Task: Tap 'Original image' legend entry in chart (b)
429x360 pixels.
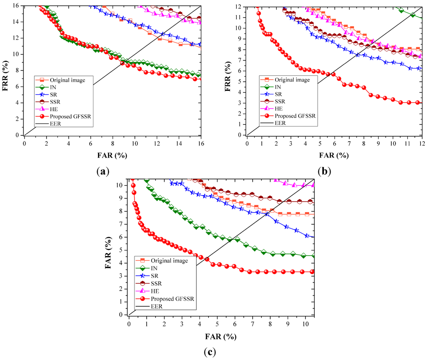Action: (x=293, y=80)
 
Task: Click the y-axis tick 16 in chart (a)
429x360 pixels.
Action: (x=16, y=6)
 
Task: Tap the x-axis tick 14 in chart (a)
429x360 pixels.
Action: (x=179, y=143)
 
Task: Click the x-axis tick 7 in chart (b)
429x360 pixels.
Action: (x=349, y=143)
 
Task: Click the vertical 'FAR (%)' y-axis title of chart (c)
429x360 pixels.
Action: (x=108, y=250)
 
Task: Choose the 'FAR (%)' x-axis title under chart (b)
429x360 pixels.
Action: (x=333, y=155)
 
